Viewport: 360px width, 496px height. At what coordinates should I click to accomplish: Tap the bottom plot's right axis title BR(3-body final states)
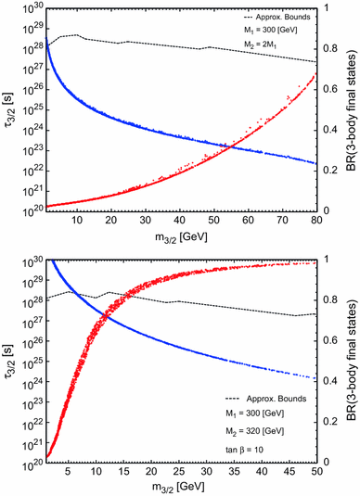pos(353,360)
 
